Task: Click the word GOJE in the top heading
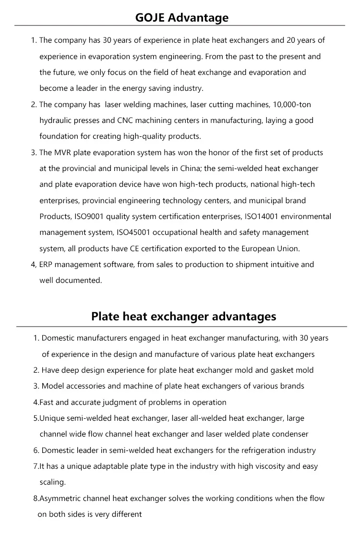pos(150,18)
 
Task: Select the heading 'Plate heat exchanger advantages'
pos(184,317)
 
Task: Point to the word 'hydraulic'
pos(56,121)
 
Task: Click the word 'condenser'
pos(290,434)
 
